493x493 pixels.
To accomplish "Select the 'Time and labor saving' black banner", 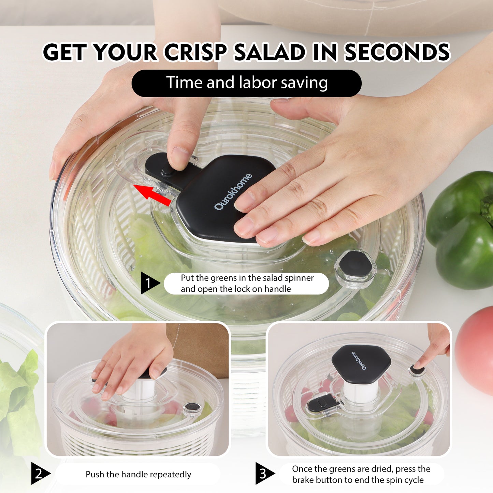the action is click(x=246, y=83).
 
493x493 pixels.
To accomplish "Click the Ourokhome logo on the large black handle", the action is click(x=233, y=192).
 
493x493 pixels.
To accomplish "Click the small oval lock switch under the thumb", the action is click(x=167, y=171).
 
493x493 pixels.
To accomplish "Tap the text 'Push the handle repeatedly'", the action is click(x=139, y=474).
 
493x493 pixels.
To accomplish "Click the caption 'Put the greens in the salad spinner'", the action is click(x=247, y=278).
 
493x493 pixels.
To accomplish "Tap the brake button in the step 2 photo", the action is click(x=192, y=407).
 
